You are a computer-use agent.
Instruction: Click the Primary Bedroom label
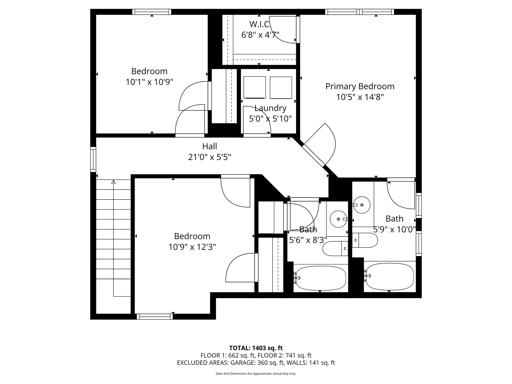tap(360, 86)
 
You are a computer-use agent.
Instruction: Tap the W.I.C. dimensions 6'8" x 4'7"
tap(260, 35)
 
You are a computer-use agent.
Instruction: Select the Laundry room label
tap(270, 108)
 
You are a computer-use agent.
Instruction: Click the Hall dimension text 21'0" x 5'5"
tap(209, 157)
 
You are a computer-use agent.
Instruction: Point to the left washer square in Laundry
tap(254, 87)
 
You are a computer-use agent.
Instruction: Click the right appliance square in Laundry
tap(281, 87)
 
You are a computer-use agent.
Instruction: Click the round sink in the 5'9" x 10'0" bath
tap(362, 205)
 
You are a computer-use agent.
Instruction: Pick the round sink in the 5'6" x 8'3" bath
tap(338, 219)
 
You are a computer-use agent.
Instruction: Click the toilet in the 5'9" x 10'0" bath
tap(365, 240)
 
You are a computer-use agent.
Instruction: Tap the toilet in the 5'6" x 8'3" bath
tap(335, 249)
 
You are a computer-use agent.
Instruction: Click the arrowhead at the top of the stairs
tap(113, 182)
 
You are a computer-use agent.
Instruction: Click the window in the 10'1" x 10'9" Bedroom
tap(152, 12)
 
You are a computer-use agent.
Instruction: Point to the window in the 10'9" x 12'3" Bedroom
tap(155, 316)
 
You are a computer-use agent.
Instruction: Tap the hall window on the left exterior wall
tap(93, 159)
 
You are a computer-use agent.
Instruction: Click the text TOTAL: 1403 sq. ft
tap(256, 348)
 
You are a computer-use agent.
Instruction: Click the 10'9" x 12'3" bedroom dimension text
tap(192, 247)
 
